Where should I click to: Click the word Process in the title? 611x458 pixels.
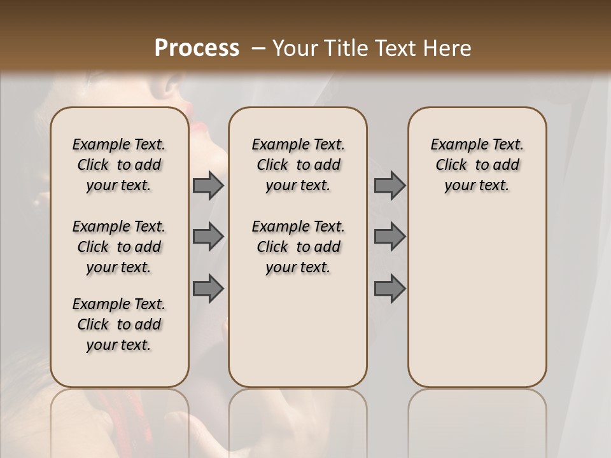(x=197, y=48)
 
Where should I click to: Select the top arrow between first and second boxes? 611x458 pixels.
(x=208, y=185)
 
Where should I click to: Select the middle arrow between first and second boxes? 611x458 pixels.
(x=208, y=237)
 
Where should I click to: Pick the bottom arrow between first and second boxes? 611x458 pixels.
(x=208, y=289)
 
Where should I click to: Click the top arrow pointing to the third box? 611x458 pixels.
(x=390, y=185)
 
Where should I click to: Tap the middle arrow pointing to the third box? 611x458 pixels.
(x=390, y=237)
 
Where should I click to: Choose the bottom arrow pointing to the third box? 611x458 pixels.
(x=390, y=289)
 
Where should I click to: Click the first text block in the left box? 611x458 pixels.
(x=119, y=165)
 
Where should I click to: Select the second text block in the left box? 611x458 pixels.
(x=119, y=247)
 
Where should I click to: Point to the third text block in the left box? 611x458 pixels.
(x=119, y=324)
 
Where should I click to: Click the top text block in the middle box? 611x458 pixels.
(x=298, y=165)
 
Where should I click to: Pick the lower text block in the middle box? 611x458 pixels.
(x=298, y=247)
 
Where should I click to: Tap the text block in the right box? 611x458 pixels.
(x=477, y=165)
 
